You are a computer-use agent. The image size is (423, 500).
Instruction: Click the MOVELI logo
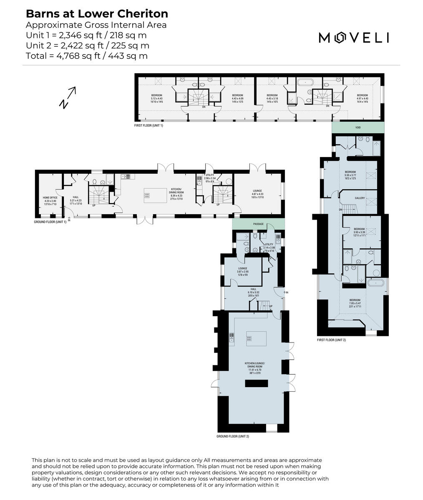click(354, 37)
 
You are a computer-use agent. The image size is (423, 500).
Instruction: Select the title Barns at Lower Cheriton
click(97, 13)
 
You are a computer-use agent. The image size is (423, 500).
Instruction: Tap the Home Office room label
click(50, 200)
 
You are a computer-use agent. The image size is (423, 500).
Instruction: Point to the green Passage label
click(258, 224)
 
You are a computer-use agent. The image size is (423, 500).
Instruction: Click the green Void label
click(358, 127)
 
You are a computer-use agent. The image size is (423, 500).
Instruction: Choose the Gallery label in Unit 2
click(360, 198)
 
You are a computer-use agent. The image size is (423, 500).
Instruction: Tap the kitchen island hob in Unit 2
click(249, 338)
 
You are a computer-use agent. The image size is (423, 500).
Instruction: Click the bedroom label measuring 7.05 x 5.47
click(355, 302)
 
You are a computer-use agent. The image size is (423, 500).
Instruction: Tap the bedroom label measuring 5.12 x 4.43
click(157, 98)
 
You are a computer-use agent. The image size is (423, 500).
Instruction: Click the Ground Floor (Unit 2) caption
click(232, 436)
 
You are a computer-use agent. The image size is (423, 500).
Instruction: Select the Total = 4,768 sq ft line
click(86, 56)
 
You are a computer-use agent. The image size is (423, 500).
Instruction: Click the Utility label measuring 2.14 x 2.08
click(269, 246)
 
